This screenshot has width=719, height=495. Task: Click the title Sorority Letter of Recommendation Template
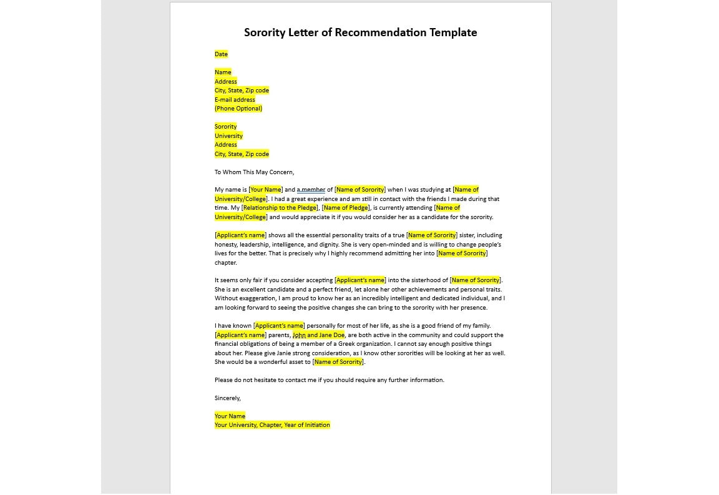click(360, 32)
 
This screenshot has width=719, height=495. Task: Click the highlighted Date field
click(221, 54)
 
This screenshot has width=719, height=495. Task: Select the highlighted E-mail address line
click(235, 100)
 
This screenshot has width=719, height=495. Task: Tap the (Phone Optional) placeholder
click(238, 109)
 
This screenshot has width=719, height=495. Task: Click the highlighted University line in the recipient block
click(228, 136)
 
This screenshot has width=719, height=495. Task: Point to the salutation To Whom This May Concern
click(254, 172)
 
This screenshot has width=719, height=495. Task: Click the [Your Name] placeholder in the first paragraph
click(266, 190)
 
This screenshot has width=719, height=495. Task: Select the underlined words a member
click(311, 190)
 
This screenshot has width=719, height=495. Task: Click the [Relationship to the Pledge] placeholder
click(280, 208)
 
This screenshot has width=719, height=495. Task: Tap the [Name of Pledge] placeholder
click(346, 208)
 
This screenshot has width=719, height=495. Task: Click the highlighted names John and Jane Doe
click(318, 335)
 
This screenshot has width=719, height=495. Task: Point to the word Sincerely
click(227, 398)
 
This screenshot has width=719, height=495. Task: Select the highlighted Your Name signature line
click(230, 416)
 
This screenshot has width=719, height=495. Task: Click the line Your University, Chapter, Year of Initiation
click(272, 425)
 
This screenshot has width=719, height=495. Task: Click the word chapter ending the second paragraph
click(225, 263)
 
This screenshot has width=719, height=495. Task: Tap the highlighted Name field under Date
click(223, 72)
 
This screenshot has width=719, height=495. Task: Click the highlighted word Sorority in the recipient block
click(225, 127)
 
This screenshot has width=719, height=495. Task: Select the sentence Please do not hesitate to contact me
click(329, 380)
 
